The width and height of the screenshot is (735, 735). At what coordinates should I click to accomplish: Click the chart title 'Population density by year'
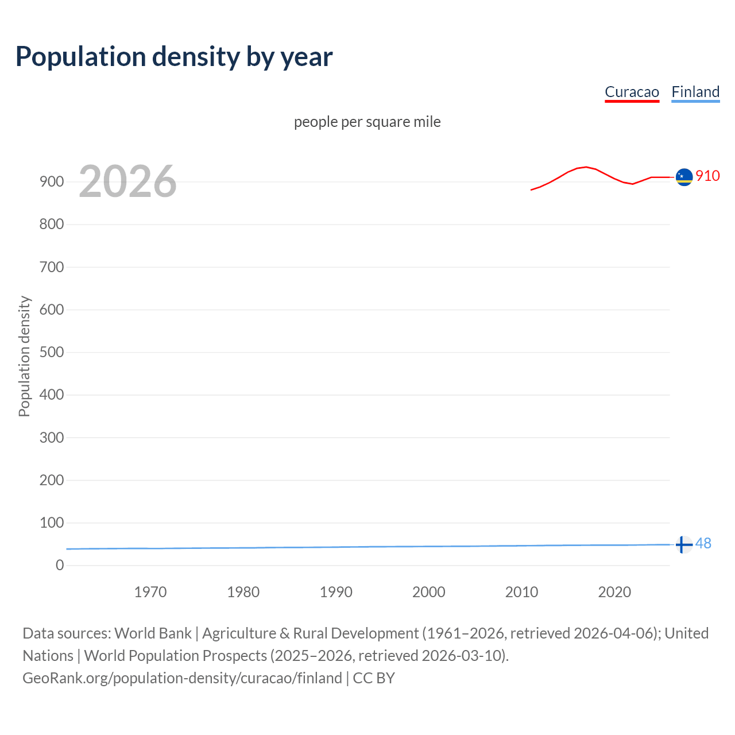click(174, 57)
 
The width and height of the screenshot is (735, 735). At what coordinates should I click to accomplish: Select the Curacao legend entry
click(632, 92)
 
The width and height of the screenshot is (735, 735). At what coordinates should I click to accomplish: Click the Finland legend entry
click(695, 92)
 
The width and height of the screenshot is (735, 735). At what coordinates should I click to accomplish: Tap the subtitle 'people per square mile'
click(367, 122)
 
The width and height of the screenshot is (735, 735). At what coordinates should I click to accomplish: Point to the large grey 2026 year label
click(127, 181)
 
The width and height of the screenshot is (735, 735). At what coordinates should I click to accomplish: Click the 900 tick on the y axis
click(52, 181)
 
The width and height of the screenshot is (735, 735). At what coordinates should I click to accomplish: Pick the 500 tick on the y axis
click(52, 352)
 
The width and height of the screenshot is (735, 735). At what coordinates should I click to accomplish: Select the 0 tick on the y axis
click(60, 565)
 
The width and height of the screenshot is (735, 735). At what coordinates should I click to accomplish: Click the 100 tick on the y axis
click(52, 523)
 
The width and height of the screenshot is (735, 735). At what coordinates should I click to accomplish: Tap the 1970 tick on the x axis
click(150, 592)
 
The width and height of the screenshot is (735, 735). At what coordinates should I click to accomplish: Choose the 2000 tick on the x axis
click(429, 592)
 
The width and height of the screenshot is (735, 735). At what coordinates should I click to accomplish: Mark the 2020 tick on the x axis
click(614, 592)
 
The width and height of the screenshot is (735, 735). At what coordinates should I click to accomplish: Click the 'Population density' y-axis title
click(24, 356)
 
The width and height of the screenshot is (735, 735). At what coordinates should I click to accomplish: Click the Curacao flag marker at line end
click(684, 177)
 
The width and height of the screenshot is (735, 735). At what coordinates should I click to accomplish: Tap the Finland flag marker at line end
click(683, 544)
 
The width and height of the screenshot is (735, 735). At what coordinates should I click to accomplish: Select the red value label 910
click(707, 176)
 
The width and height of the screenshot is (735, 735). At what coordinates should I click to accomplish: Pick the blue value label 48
click(703, 543)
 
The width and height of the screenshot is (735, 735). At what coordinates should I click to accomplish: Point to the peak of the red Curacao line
click(585, 167)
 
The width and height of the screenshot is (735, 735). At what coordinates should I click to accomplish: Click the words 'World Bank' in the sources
click(153, 633)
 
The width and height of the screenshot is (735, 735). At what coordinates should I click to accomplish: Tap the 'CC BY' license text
click(374, 678)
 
